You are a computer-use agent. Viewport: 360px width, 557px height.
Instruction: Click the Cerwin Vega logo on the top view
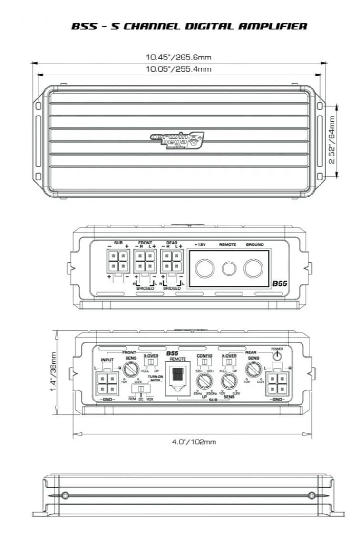(x=177, y=141)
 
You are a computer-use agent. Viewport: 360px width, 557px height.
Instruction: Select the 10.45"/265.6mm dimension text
(x=178, y=58)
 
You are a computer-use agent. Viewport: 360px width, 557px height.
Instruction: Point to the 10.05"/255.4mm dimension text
(x=178, y=69)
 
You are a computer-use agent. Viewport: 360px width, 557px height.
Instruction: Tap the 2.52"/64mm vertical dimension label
(x=331, y=141)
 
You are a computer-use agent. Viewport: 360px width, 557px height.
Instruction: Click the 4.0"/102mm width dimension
(x=194, y=442)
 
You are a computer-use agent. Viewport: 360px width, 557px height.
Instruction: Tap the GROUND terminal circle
(x=253, y=268)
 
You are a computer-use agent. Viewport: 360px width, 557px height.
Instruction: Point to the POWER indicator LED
(x=277, y=356)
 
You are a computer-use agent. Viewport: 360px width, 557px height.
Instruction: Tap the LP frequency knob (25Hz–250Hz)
(x=204, y=381)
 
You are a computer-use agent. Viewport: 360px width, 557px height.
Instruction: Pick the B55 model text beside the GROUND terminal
(x=280, y=283)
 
